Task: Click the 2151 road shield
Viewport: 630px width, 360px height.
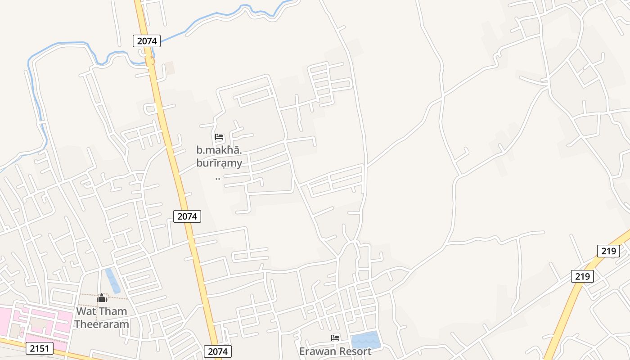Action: tap(40, 348)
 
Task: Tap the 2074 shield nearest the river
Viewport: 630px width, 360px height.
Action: tap(147, 41)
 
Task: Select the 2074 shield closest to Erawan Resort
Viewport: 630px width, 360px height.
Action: tap(218, 351)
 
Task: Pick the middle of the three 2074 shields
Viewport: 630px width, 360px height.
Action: tap(187, 216)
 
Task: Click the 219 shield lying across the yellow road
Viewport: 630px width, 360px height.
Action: tap(582, 276)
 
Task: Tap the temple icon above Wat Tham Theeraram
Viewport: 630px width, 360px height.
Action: tap(102, 298)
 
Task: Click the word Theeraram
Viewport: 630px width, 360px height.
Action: tap(102, 324)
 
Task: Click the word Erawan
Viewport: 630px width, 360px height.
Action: tap(317, 351)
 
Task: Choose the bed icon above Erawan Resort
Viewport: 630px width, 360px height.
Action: tap(335, 338)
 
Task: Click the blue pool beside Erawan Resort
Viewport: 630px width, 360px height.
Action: tap(366, 340)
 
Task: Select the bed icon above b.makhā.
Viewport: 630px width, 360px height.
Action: tap(219, 137)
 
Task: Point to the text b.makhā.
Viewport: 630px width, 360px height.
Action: tap(219, 150)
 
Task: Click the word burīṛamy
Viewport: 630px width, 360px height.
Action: tap(219, 163)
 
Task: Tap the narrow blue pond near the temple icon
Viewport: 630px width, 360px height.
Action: tap(112, 280)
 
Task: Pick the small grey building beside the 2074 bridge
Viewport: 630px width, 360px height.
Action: tap(169, 68)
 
